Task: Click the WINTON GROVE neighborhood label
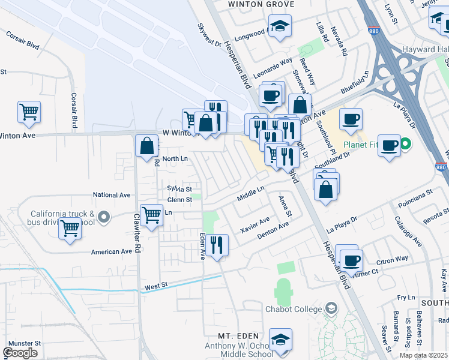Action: coord(259,4)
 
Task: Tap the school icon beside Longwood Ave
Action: coord(280,26)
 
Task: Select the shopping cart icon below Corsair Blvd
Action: coord(29,112)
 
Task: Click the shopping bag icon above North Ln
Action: coord(147,146)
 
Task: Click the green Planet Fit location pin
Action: coord(405,144)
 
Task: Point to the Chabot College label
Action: coord(294,309)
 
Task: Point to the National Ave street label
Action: coord(112,195)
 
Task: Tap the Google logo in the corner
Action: coord(20,353)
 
